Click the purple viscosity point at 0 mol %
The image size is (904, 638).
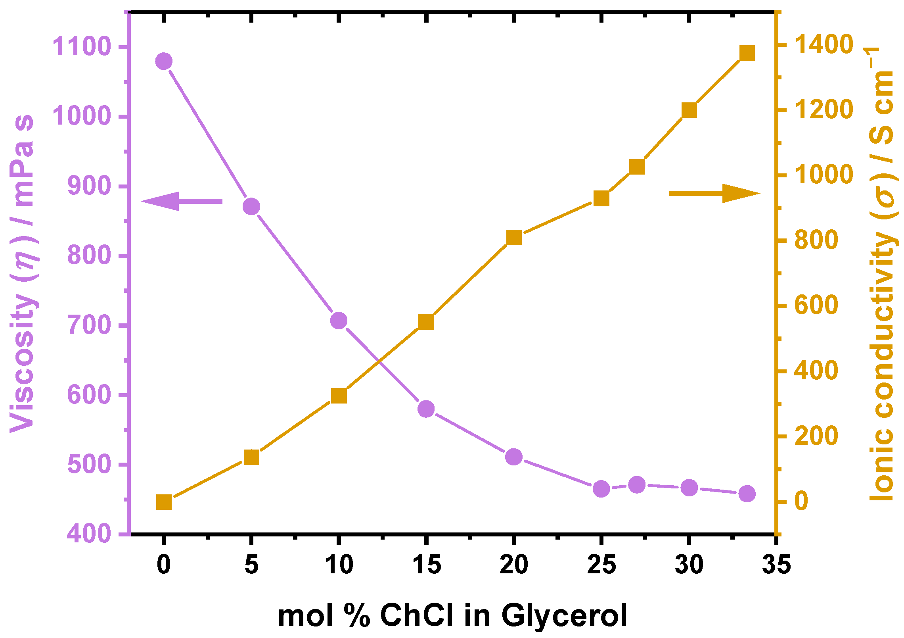[163, 61]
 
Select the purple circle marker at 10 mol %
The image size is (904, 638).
[339, 320]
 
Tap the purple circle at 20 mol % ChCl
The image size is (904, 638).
[514, 457]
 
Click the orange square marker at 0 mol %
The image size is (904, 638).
[164, 502]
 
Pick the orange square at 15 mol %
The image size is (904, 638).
[426, 322]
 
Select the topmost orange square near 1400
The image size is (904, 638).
[747, 53]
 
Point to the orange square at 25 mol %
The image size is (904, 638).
[601, 198]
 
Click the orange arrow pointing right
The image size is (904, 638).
[714, 193]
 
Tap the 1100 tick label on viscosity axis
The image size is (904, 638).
[81, 46]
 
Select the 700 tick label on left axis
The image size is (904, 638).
[88, 325]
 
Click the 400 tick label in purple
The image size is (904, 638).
[88, 534]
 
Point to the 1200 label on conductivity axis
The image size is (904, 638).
[823, 110]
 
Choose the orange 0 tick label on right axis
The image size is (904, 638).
[801, 502]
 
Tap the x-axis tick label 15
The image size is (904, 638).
[427, 564]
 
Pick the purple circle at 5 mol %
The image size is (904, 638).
[251, 207]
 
